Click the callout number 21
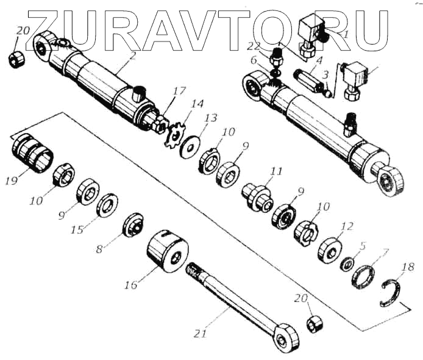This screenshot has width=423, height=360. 201,333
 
